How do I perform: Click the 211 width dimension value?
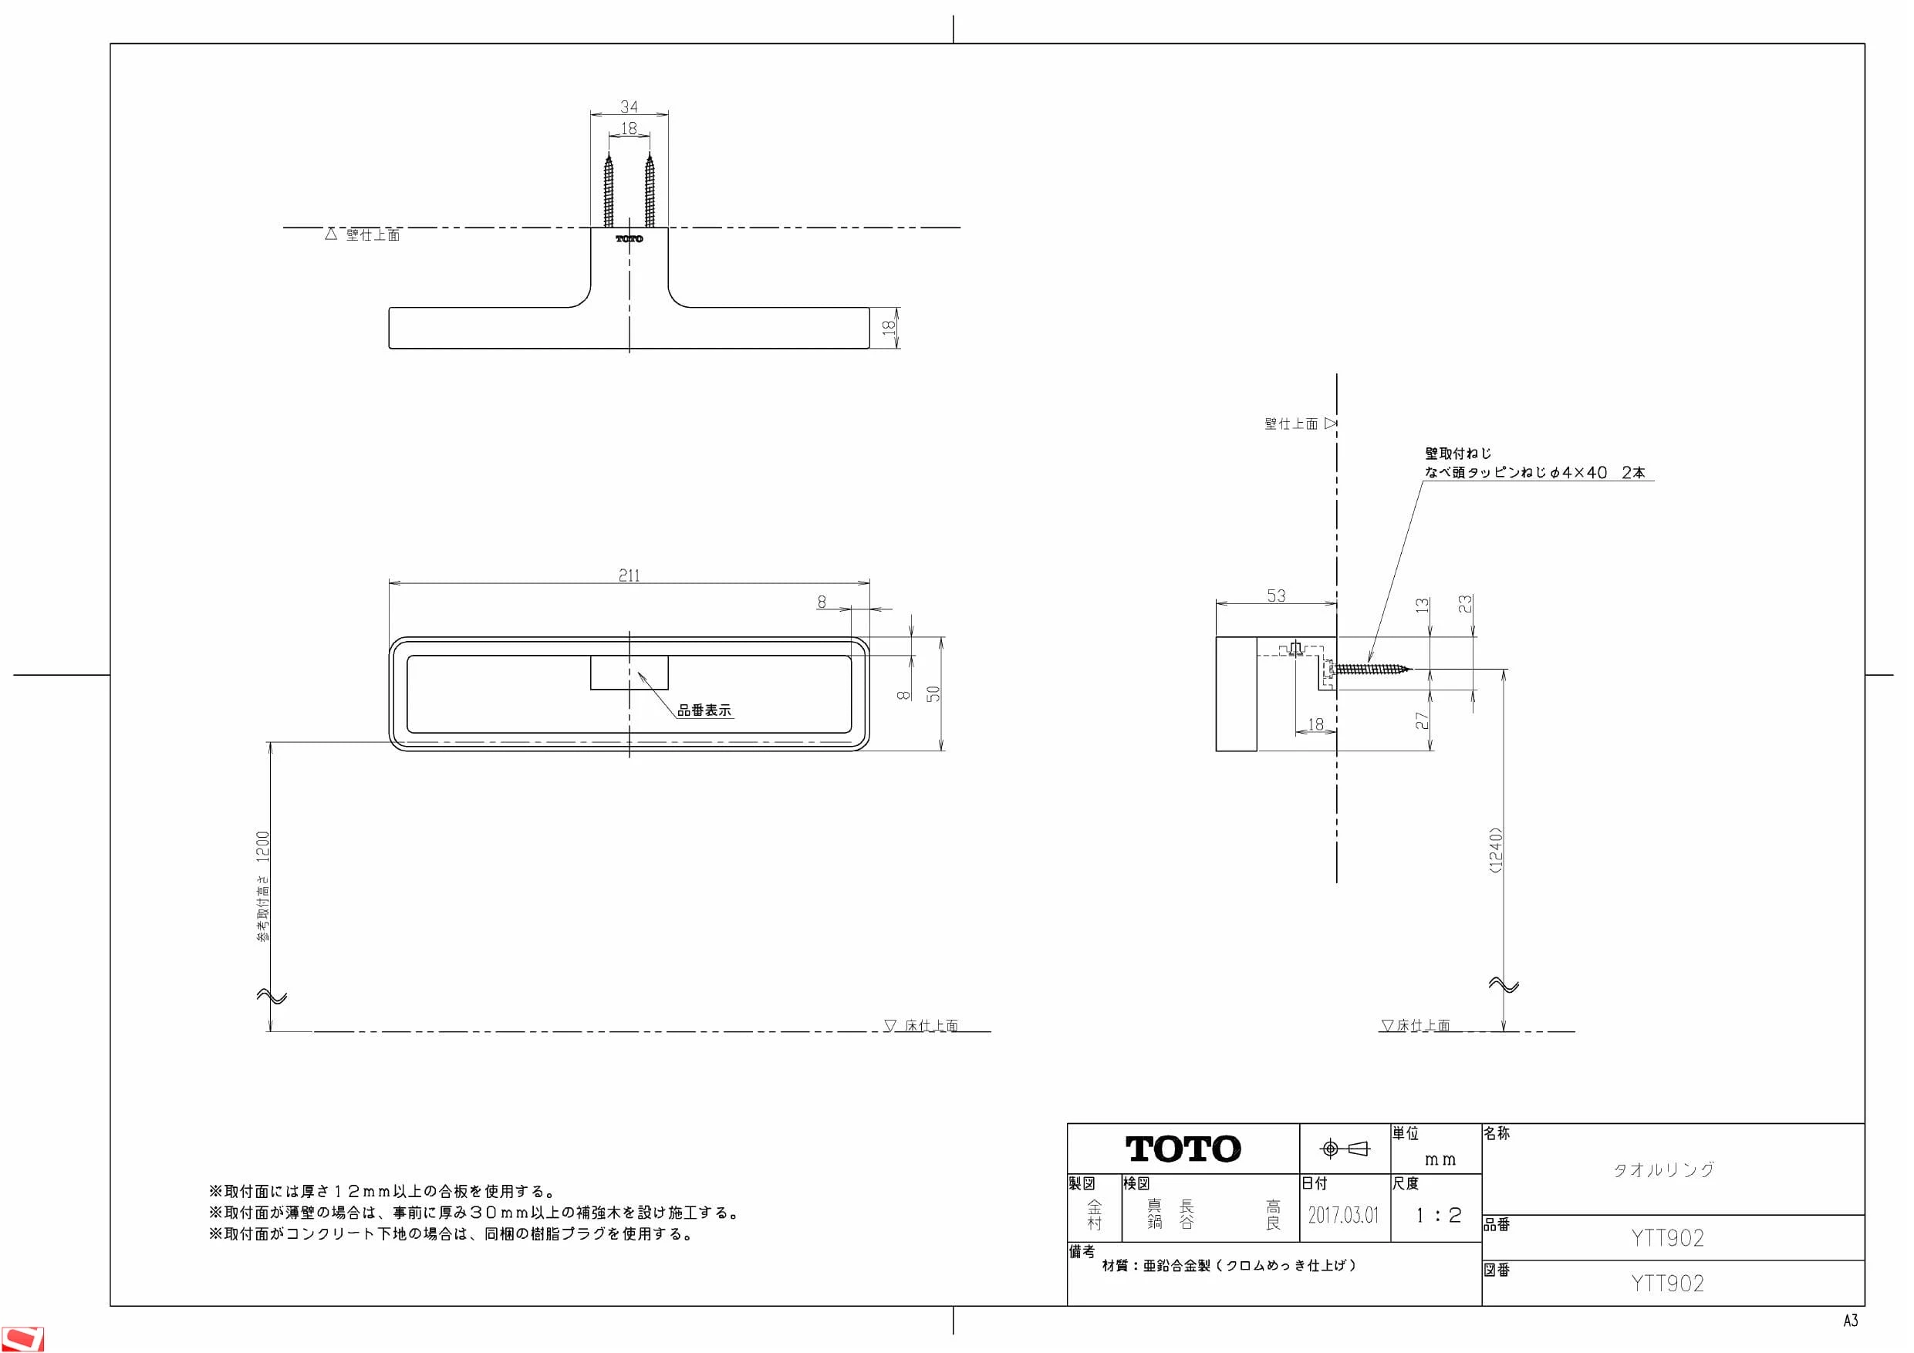pyautogui.click(x=630, y=575)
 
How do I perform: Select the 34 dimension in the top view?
pyautogui.click(x=630, y=106)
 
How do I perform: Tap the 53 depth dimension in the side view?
pyautogui.click(x=1276, y=596)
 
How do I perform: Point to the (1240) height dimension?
pyautogui.click(x=1496, y=849)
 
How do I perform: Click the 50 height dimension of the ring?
pyautogui.click(x=933, y=693)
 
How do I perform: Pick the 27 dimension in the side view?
pyautogui.click(x=1422, y=720)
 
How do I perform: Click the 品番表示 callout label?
pyautogui.click(x=704, y=710)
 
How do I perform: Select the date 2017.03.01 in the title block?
pyautogui.click(x=1343, y=1215)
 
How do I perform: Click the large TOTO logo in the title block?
pyautogui.click(x=1183, y=1149)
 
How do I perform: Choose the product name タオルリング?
pyautogui.click(x=1664, y=1169)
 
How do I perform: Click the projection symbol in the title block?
pyautogui.click(x=1345, y=1149)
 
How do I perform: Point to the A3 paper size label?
pyautogui.click(x=1851, y=1321)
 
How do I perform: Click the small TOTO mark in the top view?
pyautogui.click(x=630, y=238)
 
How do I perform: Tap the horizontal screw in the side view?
pyautogui.click(x=1369, y=669)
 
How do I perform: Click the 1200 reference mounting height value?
pyautogui.click(x=263, y=847)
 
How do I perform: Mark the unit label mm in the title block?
pyautogui.click(x=1440, y=1159)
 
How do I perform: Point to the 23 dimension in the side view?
pyautogui.click(x=1465, y=603)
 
